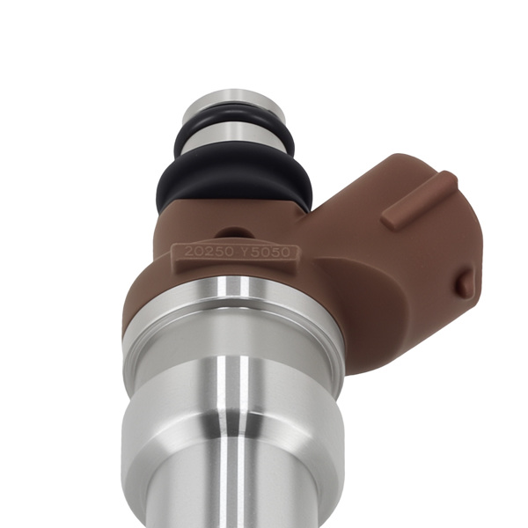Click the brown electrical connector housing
click(x=387, y=264)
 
